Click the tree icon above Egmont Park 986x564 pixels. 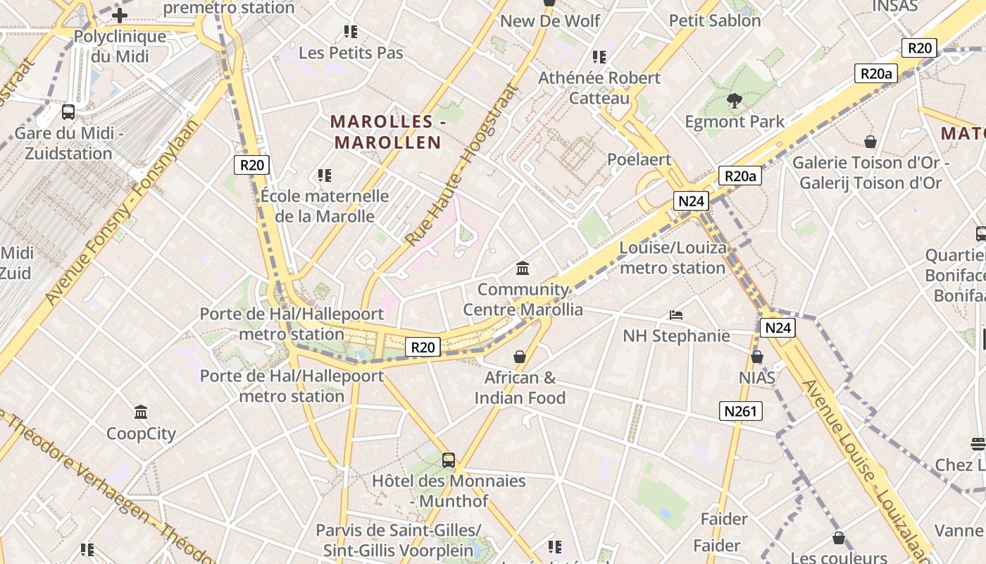(735, 101)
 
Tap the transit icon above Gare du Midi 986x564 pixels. (68, 111)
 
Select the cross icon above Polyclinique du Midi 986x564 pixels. (119, 15)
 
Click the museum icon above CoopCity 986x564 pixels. (141, 412)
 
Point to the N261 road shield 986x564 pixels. (741, 411)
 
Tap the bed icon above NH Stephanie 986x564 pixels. (676, 314)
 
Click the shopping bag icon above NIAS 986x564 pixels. (757, 357)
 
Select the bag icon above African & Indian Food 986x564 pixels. (520, 357)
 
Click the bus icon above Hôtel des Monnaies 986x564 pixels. (449, 460)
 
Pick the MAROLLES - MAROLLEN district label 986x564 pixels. (388, 132)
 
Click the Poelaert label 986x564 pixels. (639, 159)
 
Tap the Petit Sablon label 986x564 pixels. (715, 20)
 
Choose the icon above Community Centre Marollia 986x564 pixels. (523, 268)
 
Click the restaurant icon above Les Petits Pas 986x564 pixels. (351, 32)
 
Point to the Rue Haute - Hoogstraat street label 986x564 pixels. (461, 166)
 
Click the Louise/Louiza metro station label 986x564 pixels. (673, 258)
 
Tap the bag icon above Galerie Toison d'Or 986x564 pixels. (870, 142)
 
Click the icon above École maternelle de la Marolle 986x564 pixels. (324, 175)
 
